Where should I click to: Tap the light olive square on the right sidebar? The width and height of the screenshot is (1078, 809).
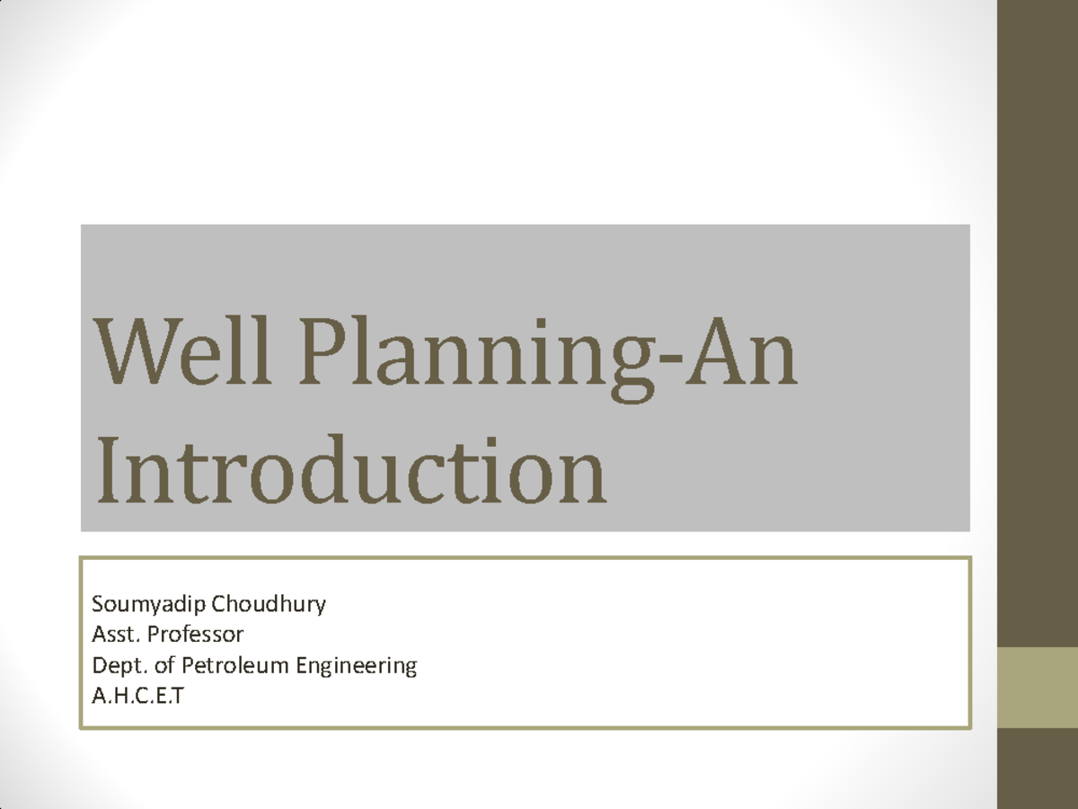coord(1038,687)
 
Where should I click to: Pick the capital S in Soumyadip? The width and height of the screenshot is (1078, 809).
coord(97,604)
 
